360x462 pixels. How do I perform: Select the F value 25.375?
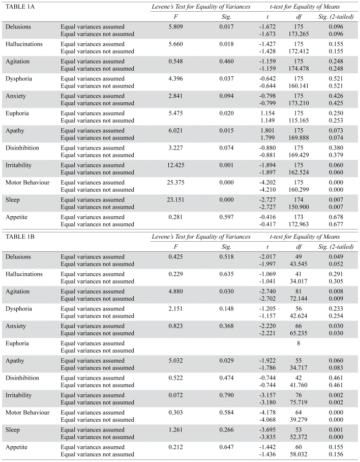tap(176, 182)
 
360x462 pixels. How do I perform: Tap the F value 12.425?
tap(176, 165)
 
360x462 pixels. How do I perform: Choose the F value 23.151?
tap(176, 199)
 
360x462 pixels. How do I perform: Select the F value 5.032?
tap(176, 360)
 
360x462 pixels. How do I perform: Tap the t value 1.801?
tap(267, 130)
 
